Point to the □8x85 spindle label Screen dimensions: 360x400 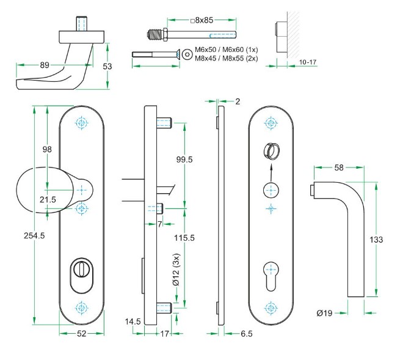203,21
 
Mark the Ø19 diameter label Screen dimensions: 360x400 325,313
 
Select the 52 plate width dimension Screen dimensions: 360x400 82,334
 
